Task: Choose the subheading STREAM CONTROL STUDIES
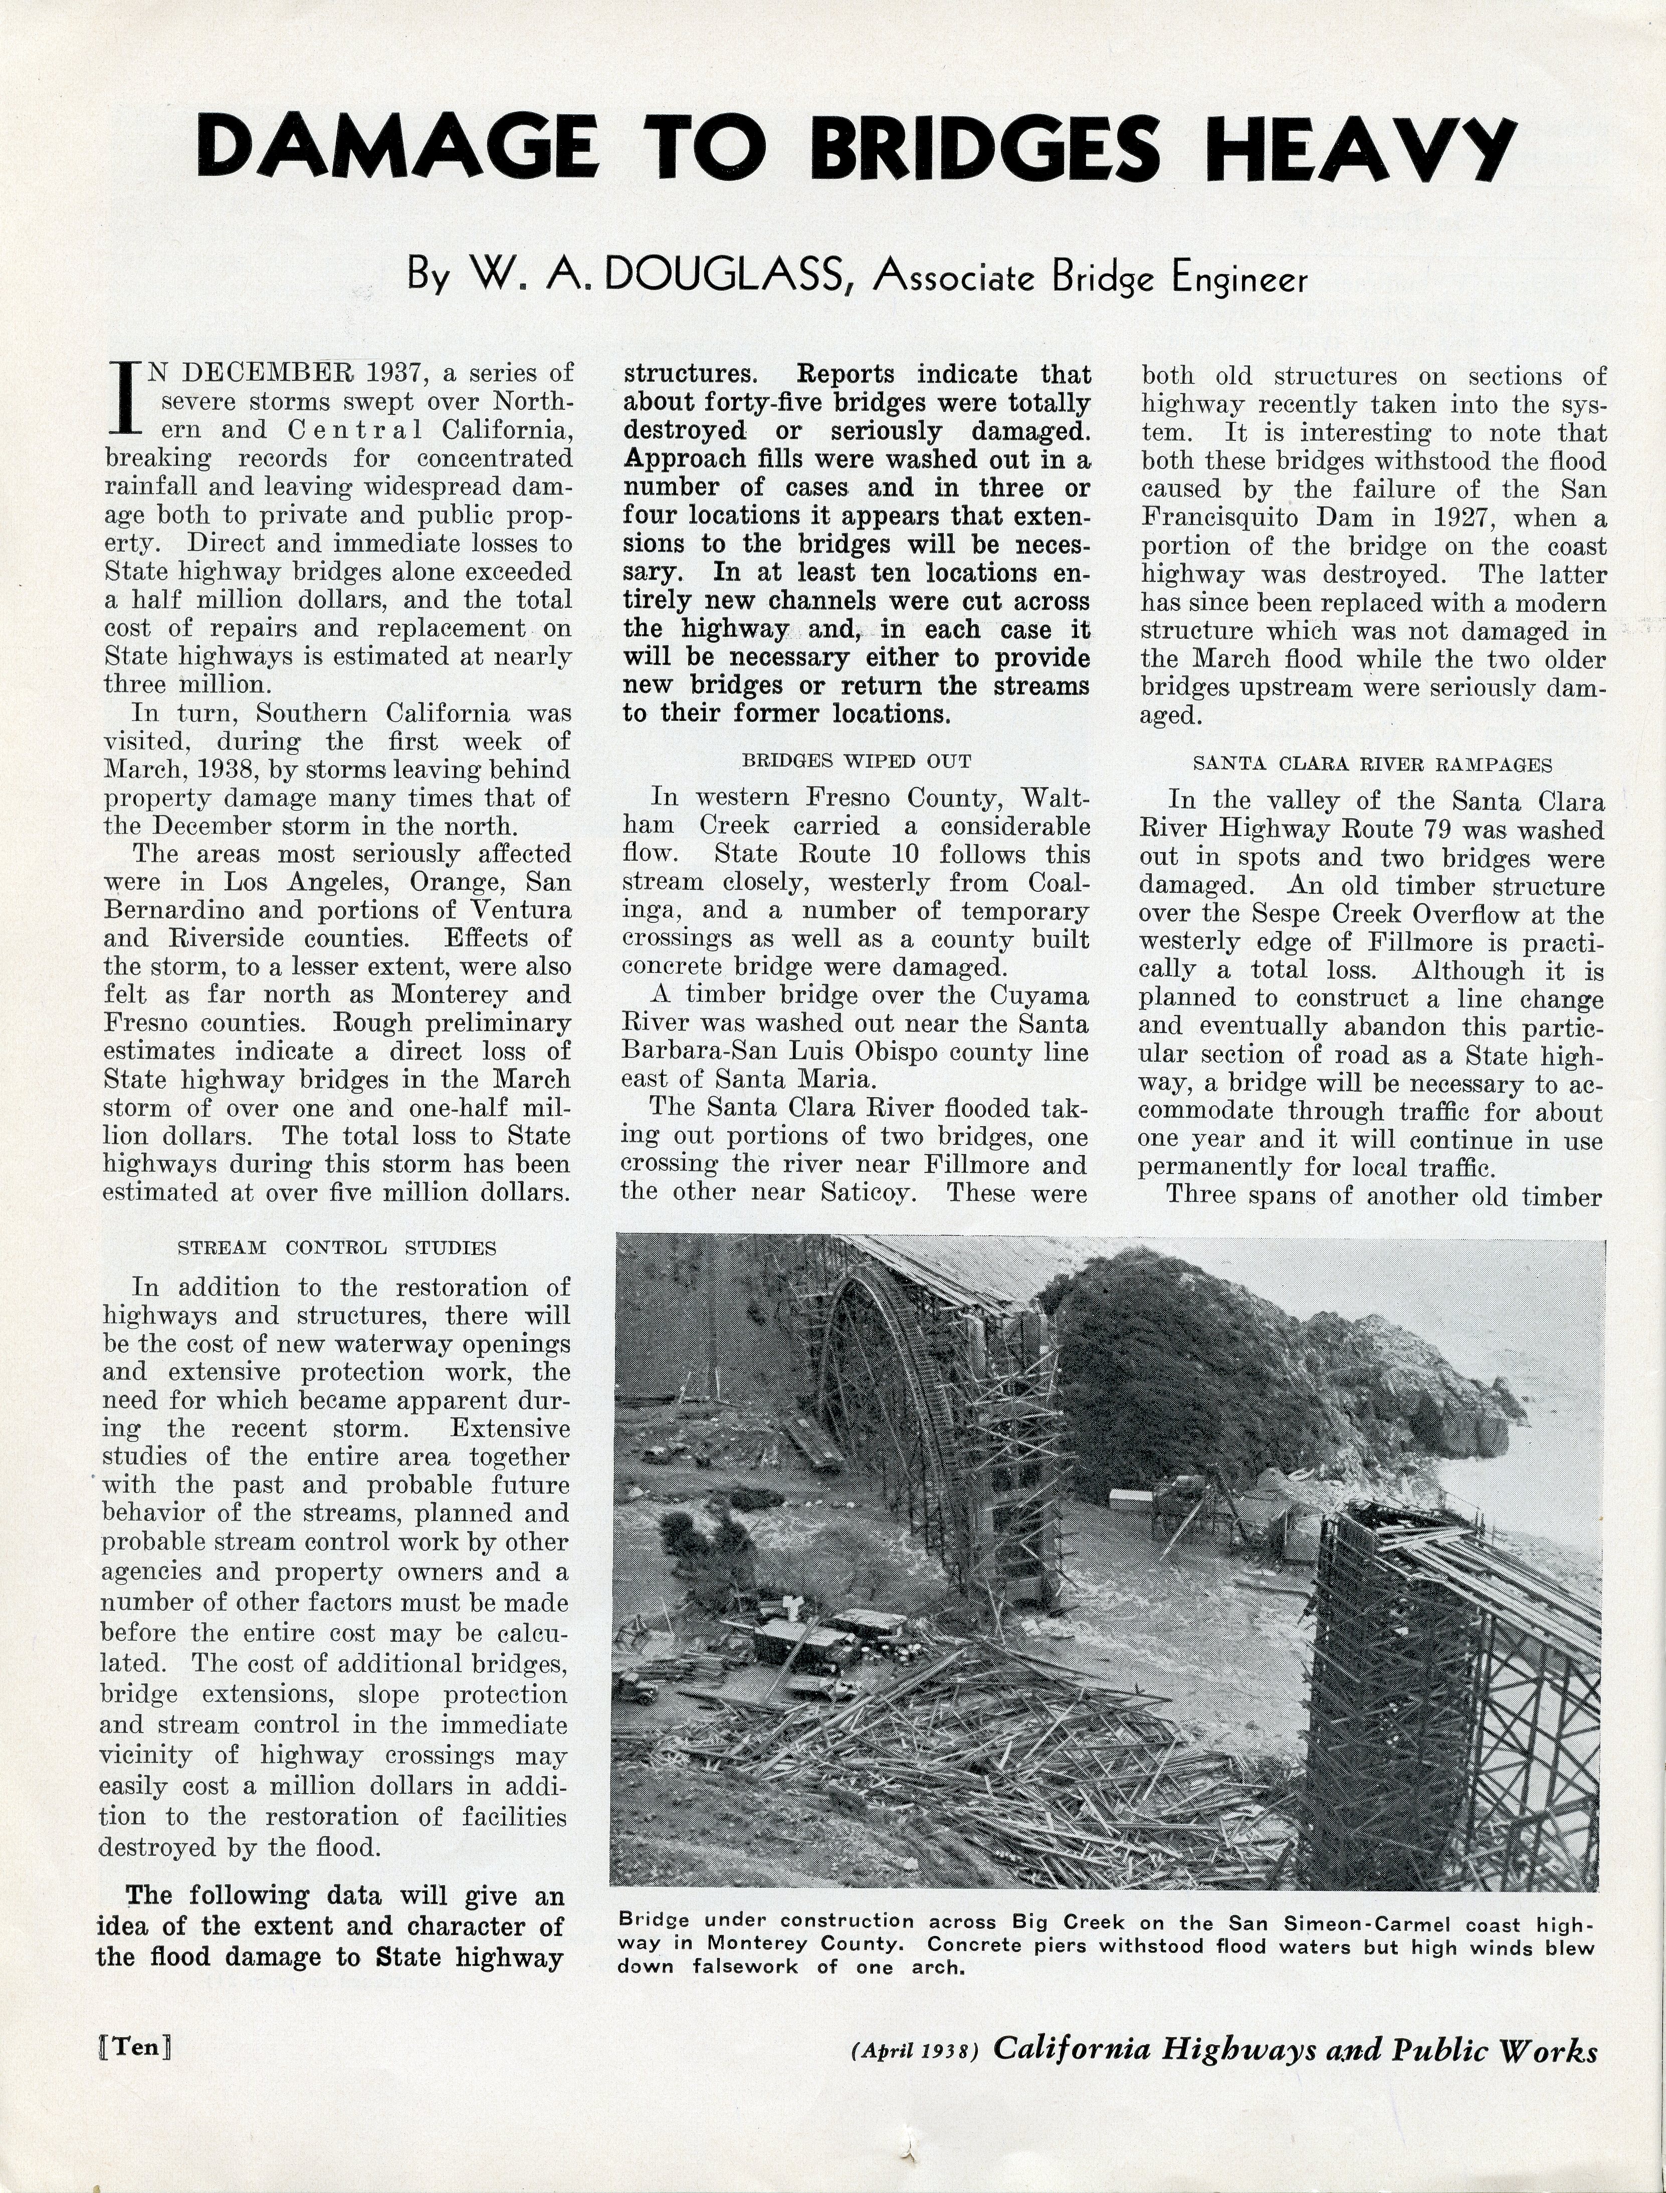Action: pyautogui.click(x=337, y=1247)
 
